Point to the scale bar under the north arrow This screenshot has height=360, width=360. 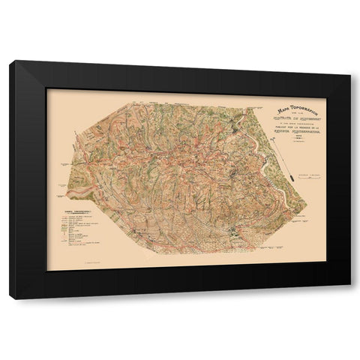[x=302, y=175]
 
